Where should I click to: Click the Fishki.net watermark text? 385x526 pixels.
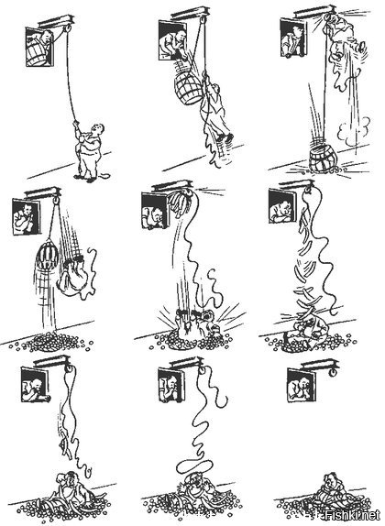point(352,514)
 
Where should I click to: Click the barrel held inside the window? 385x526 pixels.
point(37,53)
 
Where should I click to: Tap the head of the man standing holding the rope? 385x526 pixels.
point(98,129)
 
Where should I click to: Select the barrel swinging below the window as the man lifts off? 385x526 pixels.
point(189,88)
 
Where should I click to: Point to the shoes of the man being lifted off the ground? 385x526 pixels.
point(225,137)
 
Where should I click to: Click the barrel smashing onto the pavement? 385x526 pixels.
point(322,160)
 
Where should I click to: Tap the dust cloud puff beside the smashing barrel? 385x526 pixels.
point(355,133)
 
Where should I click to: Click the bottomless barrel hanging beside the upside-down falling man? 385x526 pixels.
point(48,257)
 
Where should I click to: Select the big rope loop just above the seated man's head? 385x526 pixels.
point(194,466)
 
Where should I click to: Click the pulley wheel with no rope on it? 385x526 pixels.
point(334,372)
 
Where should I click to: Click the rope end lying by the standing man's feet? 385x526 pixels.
point(104,175)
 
